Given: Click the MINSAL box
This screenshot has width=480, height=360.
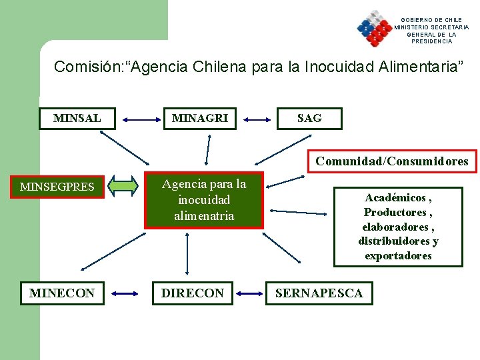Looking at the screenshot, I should coord(77,119).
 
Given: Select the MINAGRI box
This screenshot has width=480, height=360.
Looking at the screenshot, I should coord(200,119).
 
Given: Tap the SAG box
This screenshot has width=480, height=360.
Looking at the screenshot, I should coord(309,119).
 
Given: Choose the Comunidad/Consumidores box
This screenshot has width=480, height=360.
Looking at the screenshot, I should coord(392,161).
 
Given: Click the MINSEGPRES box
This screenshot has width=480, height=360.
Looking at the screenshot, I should coord(57,187).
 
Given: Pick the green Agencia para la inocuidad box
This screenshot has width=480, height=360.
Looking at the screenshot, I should coord(204,200).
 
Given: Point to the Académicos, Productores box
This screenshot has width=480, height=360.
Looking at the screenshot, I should coord(398,227).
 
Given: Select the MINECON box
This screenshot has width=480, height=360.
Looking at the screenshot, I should coord(62,293).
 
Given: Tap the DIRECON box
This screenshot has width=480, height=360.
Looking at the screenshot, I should coord(193,293).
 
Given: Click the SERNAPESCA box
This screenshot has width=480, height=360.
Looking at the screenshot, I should coord(319,293).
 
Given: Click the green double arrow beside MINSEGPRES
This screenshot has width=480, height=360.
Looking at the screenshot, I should coord(125,186).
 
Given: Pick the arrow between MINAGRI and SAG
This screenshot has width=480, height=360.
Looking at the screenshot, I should coord(257,121).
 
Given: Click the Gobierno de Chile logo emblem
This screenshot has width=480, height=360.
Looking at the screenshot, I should coord(374,28).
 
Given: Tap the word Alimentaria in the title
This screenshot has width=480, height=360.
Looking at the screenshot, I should coord(417,67).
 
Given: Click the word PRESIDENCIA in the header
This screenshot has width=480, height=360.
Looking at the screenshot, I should coord(431,41).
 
